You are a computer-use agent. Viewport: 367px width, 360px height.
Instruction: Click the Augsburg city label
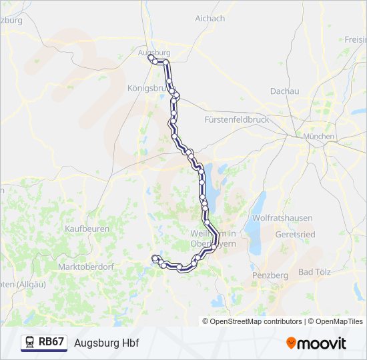pos(153,52)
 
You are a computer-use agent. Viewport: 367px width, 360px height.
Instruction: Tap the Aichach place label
pos(210,19)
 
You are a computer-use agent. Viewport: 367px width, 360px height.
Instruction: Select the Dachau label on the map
pos(284,91)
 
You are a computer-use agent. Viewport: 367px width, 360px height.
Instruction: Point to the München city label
pos(318,137)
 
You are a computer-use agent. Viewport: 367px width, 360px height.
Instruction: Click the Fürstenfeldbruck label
pos(236,120)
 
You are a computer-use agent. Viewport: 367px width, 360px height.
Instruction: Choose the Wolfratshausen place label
pos(278,218)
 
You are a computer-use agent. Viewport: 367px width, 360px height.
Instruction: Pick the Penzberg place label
pos(270,275)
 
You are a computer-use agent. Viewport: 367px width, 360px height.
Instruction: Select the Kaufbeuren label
pos(87,229)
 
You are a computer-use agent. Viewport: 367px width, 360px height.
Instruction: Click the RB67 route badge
pos(51,342)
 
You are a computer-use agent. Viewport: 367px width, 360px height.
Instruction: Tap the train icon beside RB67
pos(30,342)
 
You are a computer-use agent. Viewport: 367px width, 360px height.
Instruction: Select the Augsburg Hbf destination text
pos(107,343)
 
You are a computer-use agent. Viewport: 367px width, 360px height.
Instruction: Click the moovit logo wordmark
pos(322,343)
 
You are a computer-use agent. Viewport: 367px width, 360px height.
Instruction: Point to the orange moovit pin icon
pos(291,343)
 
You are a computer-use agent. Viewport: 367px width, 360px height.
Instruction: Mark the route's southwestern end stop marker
pos(155,257)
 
